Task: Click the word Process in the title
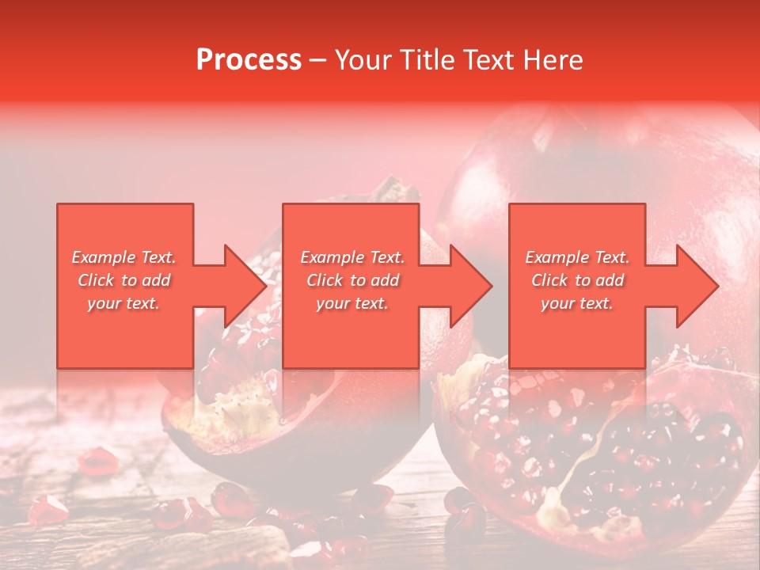coord(249,60)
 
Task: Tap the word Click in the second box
coord(323,280)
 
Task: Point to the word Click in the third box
coord(549,280)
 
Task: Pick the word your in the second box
coord(332,303)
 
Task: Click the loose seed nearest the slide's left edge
coord(47,511)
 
